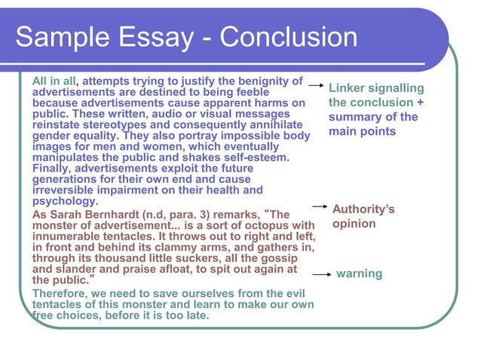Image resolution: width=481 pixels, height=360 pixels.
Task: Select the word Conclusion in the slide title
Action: point(287,38)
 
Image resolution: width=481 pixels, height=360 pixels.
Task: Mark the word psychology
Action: point(65,201)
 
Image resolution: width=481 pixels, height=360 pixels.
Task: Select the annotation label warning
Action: point(359,273)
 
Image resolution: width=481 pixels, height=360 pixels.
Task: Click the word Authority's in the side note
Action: point(364,209)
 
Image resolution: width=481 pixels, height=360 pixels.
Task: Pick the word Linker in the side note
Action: point(349,88)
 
